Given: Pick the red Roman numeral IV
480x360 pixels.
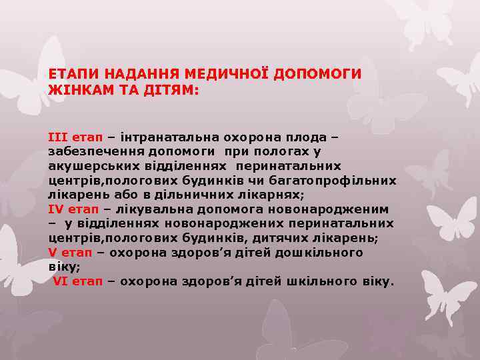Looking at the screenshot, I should click(55, 209).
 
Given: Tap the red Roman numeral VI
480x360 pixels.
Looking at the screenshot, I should click(61, 281).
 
